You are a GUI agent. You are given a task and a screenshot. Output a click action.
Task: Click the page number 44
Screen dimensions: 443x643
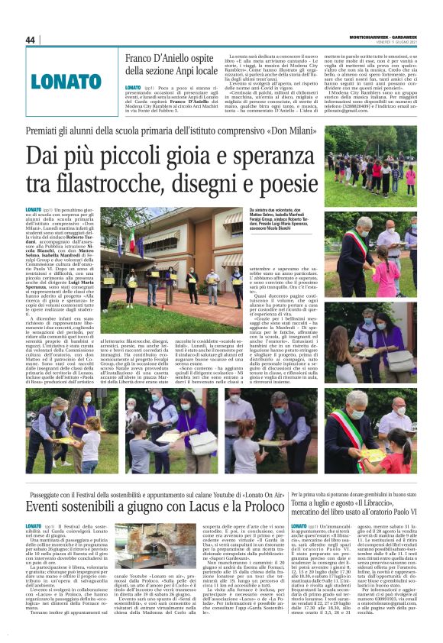pyautogui.click(x=31, y=40)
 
